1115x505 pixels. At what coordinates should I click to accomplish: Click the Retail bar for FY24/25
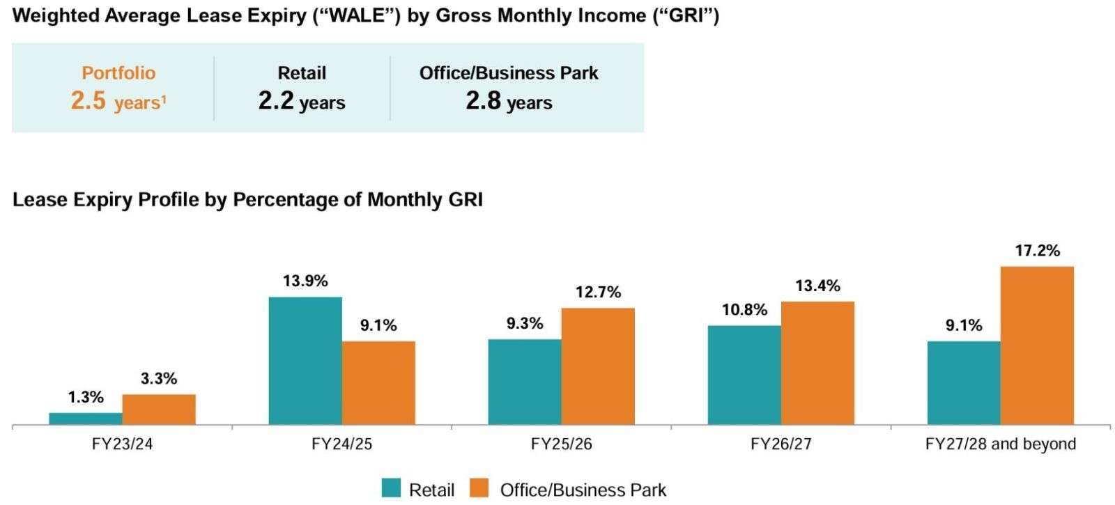305,361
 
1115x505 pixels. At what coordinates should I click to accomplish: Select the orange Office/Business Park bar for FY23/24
159,410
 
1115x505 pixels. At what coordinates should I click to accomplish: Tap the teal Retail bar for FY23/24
86,419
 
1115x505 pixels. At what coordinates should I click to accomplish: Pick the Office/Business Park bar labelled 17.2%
1037,345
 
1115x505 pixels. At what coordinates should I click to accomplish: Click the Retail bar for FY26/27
744,375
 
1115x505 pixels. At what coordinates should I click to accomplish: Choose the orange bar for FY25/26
598,366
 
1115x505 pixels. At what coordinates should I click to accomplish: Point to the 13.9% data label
305,281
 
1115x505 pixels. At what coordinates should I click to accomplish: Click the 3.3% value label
159,379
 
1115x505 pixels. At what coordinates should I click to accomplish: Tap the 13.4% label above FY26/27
817,286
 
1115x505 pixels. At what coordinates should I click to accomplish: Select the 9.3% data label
525,324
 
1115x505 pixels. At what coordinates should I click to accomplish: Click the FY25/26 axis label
561,444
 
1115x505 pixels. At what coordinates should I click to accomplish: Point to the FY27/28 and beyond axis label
1000,444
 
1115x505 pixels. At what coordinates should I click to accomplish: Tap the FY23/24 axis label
122,444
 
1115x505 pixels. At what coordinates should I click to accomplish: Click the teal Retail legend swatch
392,488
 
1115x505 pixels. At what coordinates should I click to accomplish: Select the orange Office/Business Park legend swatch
479,488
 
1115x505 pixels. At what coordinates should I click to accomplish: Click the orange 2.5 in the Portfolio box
89,101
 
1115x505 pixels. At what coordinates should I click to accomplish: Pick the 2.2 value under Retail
276,101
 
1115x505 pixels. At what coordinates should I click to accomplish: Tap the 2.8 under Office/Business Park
483,101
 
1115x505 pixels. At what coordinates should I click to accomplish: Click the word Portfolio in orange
118,72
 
